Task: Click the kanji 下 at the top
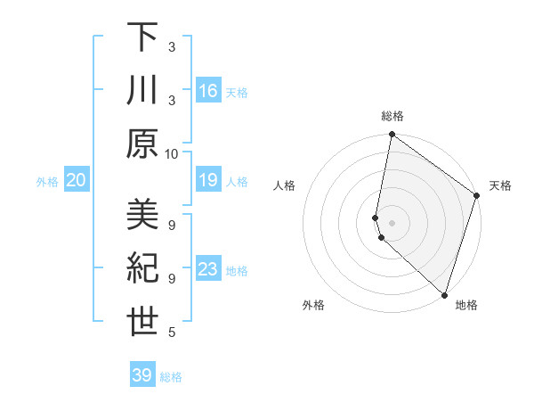point(142,37)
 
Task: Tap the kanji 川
point(142,90)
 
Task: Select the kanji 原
point(142,144)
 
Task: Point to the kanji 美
point(142,215)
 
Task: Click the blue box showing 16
point(208,90)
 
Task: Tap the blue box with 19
point(208,180)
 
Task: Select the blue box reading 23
point(208,269)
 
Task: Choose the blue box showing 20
point(77,180)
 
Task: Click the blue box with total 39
point(142,375)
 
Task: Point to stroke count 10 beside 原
point(172,153)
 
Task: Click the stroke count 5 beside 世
point(172,333)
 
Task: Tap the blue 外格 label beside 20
point(47,182)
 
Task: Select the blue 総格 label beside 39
point(171,377)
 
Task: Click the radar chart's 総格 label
point(392,116)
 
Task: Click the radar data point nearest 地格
point(444,293)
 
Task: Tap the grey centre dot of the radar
point(392,222)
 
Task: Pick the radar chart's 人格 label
point(284,186)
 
